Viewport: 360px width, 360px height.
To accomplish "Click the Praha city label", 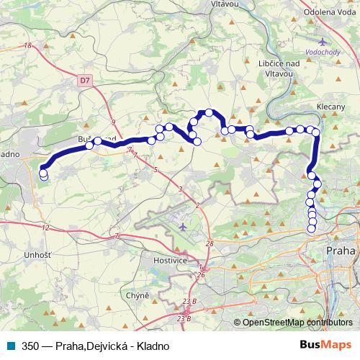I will click(x=340, y=251).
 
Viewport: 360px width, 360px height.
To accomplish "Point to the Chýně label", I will click(x=136, y=295).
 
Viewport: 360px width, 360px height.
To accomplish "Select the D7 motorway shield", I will click(x=86, y=83).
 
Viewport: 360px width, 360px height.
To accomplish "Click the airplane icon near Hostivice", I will click(x=182, y=227).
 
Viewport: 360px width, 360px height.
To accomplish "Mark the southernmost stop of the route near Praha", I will click(x=312, y=229).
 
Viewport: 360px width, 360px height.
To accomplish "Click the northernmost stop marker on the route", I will click(x=209, y=112).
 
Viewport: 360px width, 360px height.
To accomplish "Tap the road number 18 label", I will click(x=28, y=46).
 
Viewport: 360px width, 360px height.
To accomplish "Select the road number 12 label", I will click(x=45, y=228).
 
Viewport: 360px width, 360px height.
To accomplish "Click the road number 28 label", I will click(x=209, y=243).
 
